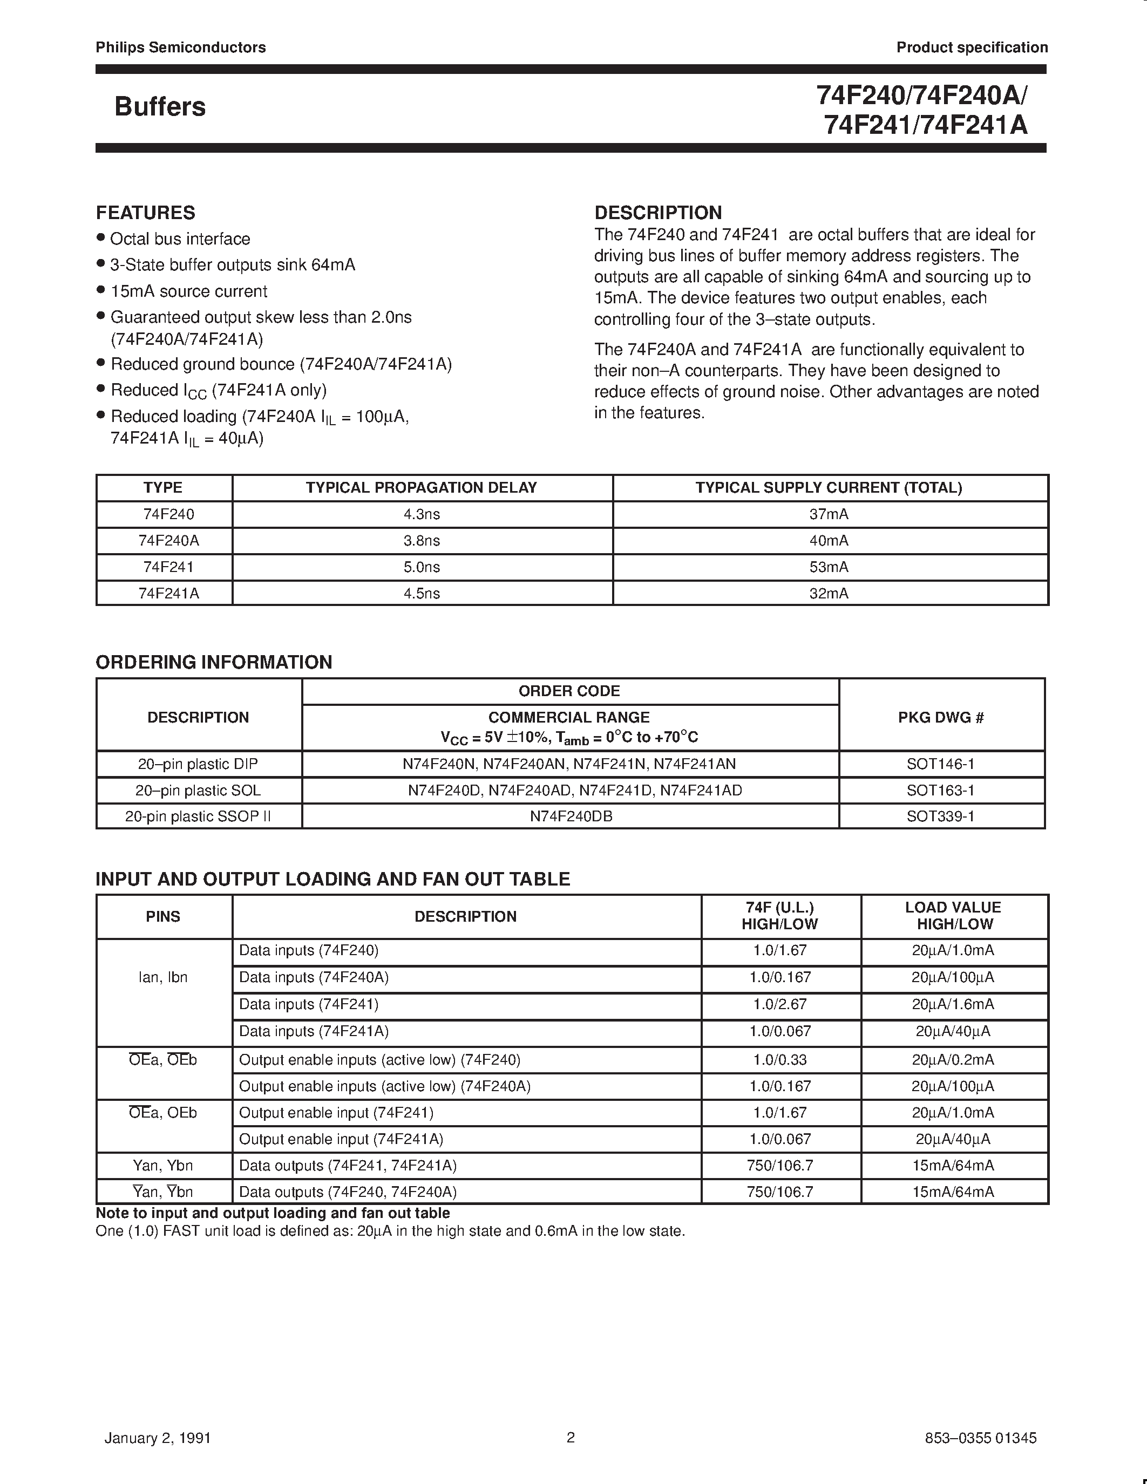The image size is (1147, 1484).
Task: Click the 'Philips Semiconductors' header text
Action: [180, 47]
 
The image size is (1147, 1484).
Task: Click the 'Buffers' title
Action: [160, 107]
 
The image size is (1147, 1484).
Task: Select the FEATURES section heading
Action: [145, 213]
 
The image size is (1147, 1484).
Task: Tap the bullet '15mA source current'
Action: [188, 291]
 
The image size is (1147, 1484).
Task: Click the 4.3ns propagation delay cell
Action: [422, 514]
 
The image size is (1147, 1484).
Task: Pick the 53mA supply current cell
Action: [829, 567]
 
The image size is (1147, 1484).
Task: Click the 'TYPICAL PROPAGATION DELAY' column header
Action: [422, 488]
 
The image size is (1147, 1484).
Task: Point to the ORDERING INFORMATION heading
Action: [213, 663]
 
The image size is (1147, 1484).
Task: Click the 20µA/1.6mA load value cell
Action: [953, 1004]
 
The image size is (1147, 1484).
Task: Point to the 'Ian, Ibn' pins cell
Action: [163, 978]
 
